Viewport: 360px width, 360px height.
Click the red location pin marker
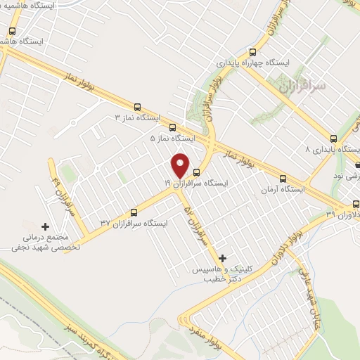181,165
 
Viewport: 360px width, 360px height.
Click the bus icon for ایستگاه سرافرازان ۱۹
197,172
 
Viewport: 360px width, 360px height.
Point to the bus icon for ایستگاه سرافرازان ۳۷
135,212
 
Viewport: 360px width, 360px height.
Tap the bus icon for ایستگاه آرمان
283,179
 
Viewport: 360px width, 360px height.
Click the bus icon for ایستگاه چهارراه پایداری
253,51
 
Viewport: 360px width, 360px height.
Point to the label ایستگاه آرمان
283,190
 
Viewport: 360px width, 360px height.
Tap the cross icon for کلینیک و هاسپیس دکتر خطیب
224,258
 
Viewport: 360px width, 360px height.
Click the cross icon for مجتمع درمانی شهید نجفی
46,227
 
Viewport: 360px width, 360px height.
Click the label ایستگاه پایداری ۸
334,150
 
